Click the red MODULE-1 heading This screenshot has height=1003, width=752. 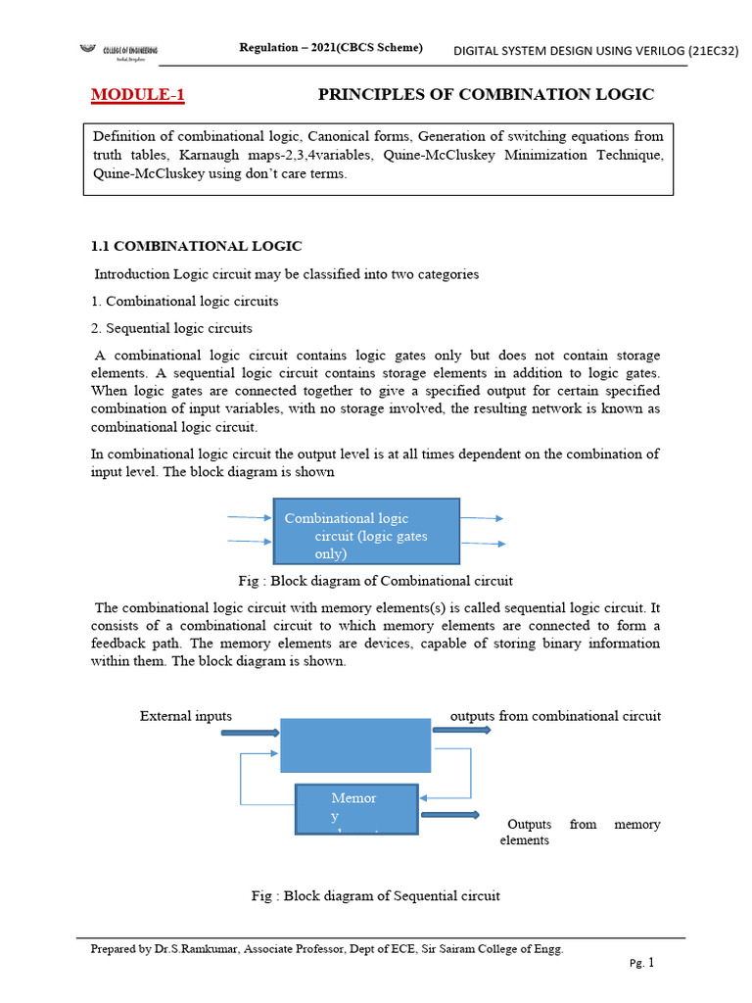137,95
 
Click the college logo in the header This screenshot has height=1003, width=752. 118,52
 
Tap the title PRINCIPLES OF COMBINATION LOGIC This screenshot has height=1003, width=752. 486,94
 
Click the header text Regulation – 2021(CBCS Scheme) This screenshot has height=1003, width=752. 331,48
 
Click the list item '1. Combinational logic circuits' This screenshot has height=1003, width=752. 184,301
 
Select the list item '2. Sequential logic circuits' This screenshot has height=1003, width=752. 171,328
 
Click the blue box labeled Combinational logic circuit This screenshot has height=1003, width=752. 365,531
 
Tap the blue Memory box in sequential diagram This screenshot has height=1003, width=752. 356,809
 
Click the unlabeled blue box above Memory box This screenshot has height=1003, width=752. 354,744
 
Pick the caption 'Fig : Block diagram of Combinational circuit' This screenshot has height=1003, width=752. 375,580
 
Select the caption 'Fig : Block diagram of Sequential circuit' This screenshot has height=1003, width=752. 375,895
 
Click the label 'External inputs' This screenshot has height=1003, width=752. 186,716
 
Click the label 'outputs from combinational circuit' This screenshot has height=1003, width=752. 555,716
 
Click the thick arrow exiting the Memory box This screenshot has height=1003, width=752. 449,814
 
